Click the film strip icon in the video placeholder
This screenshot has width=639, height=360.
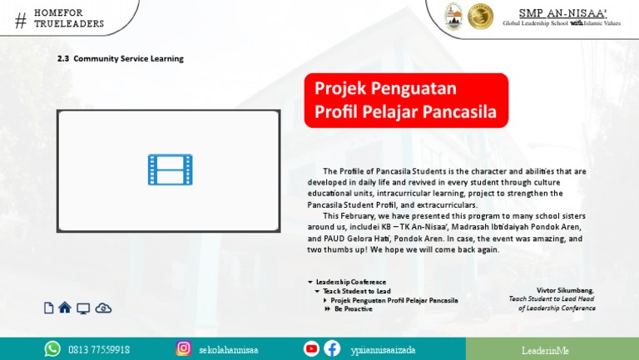coord(170,170)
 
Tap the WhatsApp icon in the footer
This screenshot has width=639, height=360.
coord(52,349)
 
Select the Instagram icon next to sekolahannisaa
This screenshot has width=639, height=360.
coord(184,349)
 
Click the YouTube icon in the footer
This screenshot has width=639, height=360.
coord(312,349)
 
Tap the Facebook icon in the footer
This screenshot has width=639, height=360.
coord(332,349)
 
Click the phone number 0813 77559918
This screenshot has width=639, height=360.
coord(98,350)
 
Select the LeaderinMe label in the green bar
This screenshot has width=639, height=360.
coord(545,350)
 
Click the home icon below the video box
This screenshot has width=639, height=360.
coord(65,308)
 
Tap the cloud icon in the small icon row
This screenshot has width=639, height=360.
coord(103,308)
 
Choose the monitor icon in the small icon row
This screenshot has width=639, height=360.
coord(83,308)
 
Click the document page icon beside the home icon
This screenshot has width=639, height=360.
coord(48,308)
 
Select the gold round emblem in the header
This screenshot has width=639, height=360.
coord(480,17)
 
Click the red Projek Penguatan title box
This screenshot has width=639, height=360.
coord(406,100)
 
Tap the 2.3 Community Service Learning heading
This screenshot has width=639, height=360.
coord(120,59)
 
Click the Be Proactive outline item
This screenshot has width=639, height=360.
coord(353,308)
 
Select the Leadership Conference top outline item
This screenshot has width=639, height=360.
coord(350,282)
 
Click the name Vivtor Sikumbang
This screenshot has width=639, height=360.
coord(565,290)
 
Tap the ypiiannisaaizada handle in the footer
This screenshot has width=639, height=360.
coord(383,350)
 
